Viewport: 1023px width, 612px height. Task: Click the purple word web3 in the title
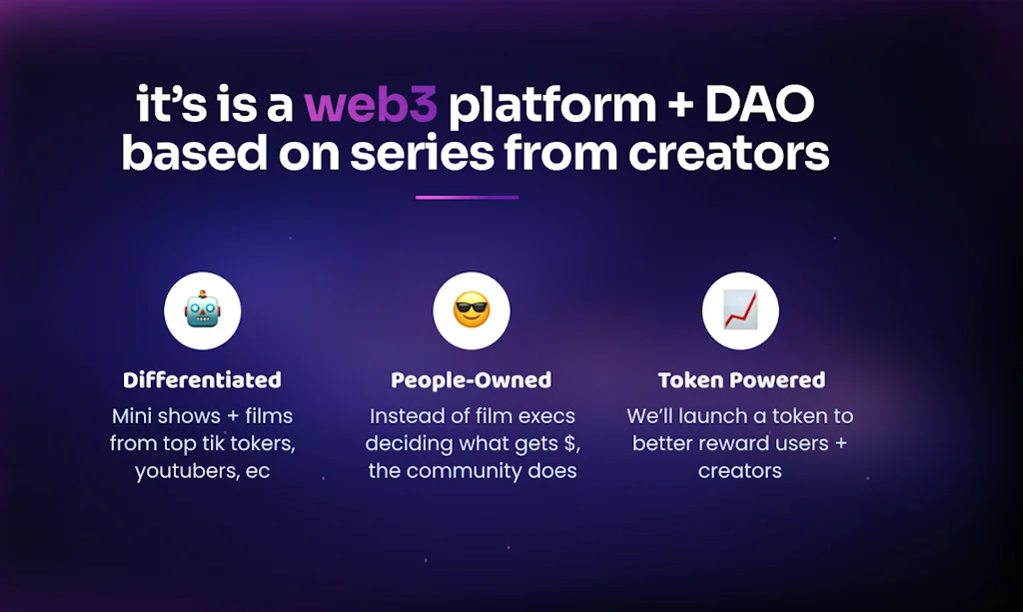pos(371,104)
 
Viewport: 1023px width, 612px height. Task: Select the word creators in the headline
pos(728,154)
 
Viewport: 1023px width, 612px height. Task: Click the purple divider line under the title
pos(468,197)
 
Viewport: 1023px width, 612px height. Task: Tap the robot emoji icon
pos(202,309)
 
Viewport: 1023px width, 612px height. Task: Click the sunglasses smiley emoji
pos(472,309)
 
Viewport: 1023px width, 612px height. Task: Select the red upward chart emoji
pos(740,309)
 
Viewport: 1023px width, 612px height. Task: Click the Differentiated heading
pos(202,380)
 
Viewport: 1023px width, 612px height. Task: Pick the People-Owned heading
pos(472,380)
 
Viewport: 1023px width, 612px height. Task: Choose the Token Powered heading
pos(741,380)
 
